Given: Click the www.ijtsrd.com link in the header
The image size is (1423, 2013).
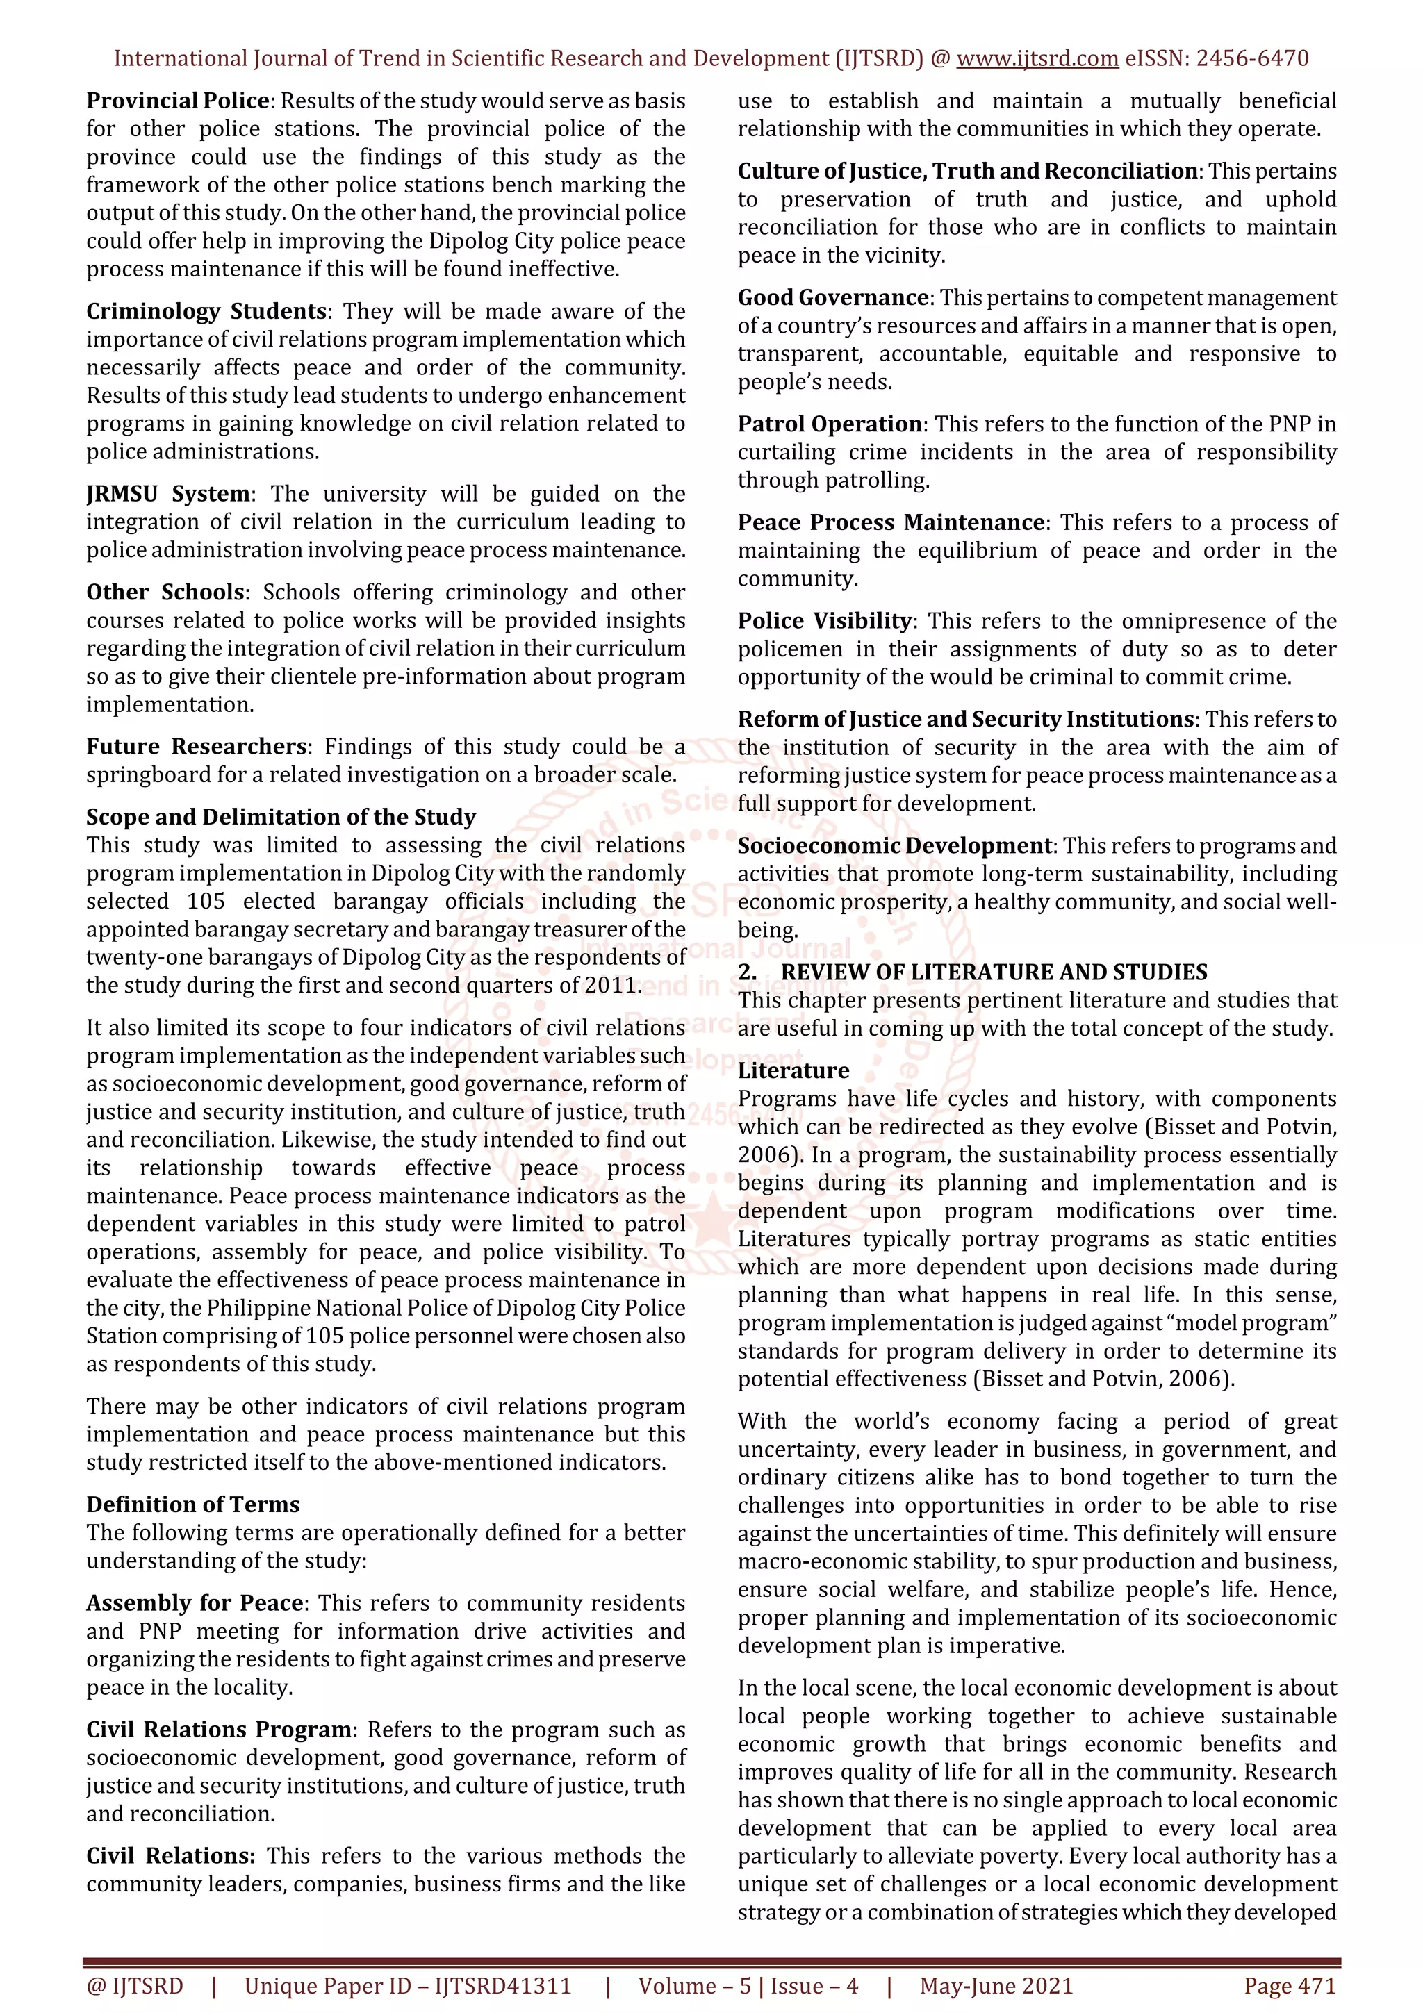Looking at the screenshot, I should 1037,59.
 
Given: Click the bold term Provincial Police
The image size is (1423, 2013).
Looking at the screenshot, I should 177,101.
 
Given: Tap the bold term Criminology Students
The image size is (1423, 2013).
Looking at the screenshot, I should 206,311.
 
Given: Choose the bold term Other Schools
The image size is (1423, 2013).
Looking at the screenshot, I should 165,592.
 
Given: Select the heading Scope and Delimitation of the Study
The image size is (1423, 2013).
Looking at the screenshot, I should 281,816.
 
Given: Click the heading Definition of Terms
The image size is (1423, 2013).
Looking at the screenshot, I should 193,1505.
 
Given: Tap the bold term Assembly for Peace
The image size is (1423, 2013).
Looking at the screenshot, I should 195,1602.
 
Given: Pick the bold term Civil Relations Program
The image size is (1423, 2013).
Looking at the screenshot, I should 219,1729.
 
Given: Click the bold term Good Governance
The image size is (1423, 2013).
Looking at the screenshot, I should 833,297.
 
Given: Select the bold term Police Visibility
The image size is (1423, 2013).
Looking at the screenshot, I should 824,621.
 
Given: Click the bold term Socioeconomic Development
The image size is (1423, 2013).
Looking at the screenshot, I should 894,845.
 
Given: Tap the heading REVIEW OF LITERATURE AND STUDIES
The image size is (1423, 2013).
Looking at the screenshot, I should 994,972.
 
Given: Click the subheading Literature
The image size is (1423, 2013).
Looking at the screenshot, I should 793,1070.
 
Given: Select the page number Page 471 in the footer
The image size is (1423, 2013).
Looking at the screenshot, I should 1289,1986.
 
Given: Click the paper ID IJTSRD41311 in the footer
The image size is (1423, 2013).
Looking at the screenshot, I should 502,1986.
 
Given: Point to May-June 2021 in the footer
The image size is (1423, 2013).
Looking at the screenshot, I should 996,1986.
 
